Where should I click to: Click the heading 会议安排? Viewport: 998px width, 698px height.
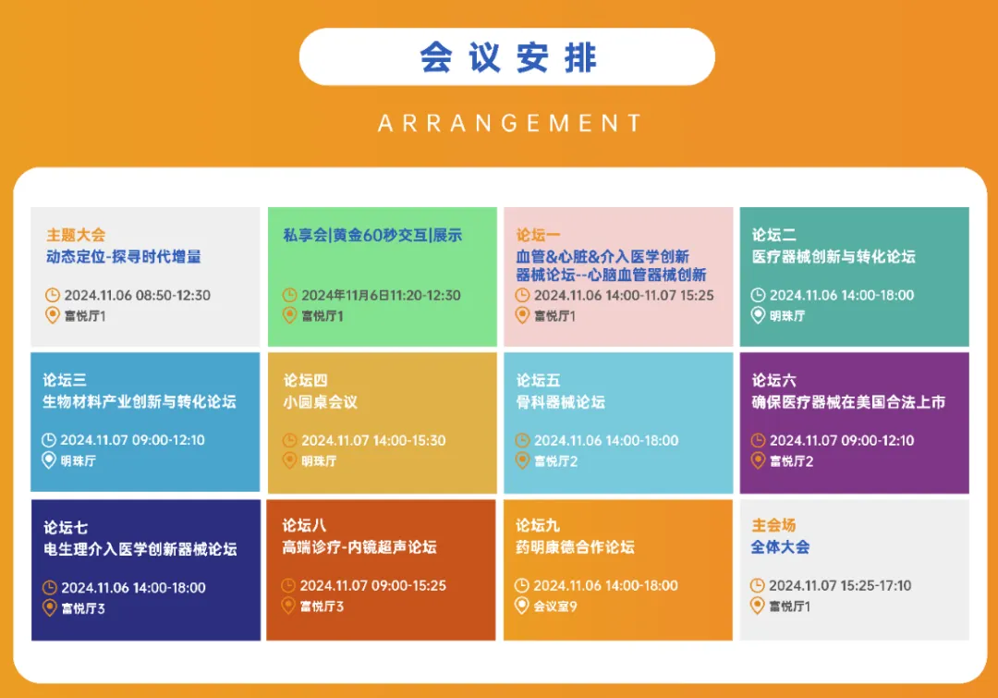[508, 57]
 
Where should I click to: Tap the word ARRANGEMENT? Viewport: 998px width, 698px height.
[510, 123]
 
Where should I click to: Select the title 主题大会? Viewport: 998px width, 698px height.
[76, 235]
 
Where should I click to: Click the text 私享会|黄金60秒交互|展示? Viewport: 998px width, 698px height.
[372, 235]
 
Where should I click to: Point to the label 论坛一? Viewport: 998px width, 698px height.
[539, 235]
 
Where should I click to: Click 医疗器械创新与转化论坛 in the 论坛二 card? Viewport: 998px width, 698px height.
[834, 257]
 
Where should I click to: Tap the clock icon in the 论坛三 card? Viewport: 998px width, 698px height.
[49, 439]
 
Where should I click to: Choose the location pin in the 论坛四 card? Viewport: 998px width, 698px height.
[289, 459]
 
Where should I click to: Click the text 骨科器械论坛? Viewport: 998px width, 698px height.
[560, 402]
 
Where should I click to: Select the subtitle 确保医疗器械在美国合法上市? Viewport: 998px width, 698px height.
[848, 402]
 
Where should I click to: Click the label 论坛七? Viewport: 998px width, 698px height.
[66, 527]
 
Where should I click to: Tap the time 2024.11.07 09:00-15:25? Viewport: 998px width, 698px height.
[373, 585]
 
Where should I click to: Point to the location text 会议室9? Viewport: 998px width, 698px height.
[555, 606]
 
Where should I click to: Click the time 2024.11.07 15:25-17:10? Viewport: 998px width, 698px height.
[840, 585]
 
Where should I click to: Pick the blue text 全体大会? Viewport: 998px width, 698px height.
[780, 547]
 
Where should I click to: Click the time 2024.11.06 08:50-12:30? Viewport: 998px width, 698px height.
[137, 295]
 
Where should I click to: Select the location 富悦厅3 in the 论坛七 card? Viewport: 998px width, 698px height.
[83, 608]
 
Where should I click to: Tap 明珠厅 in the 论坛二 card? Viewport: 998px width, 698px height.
[787, 315]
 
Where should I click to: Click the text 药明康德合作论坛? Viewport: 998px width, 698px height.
[575, 547]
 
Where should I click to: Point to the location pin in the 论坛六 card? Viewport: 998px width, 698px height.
[758, 459]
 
